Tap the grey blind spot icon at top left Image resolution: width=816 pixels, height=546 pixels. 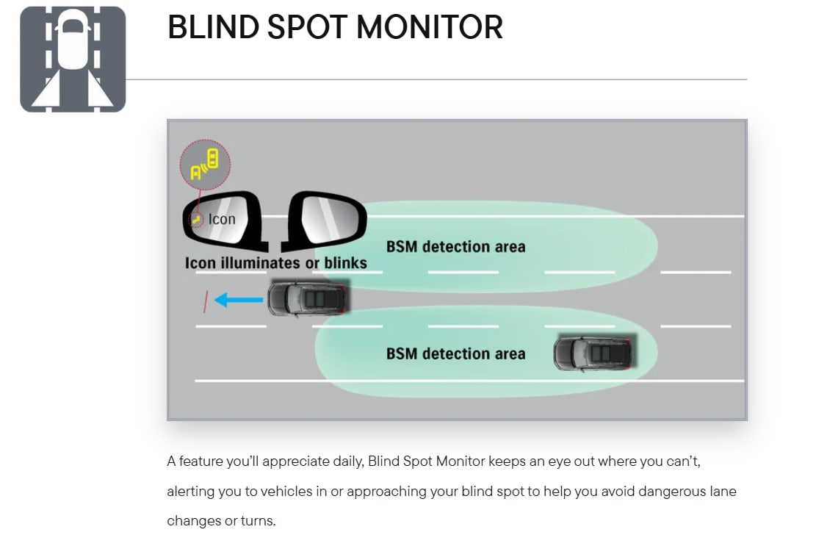point(73,60)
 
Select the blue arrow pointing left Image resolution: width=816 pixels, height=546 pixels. point(239,300)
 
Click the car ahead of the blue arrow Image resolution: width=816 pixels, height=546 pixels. point(308,298)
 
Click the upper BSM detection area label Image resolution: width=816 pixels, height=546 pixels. point(456,247)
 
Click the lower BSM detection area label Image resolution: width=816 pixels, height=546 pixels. point(456,354)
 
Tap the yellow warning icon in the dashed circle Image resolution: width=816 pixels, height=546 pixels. point(204,164)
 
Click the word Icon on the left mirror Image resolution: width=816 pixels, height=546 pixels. point(222,220)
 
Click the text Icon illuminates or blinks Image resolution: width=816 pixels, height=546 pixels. point(276,263)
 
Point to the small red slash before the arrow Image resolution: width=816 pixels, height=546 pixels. point(206,301)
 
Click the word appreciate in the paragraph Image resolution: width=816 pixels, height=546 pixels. point(296,461)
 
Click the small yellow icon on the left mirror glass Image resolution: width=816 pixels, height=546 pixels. point(196,220)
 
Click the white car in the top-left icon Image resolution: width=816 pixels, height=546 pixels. point(73,40)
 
